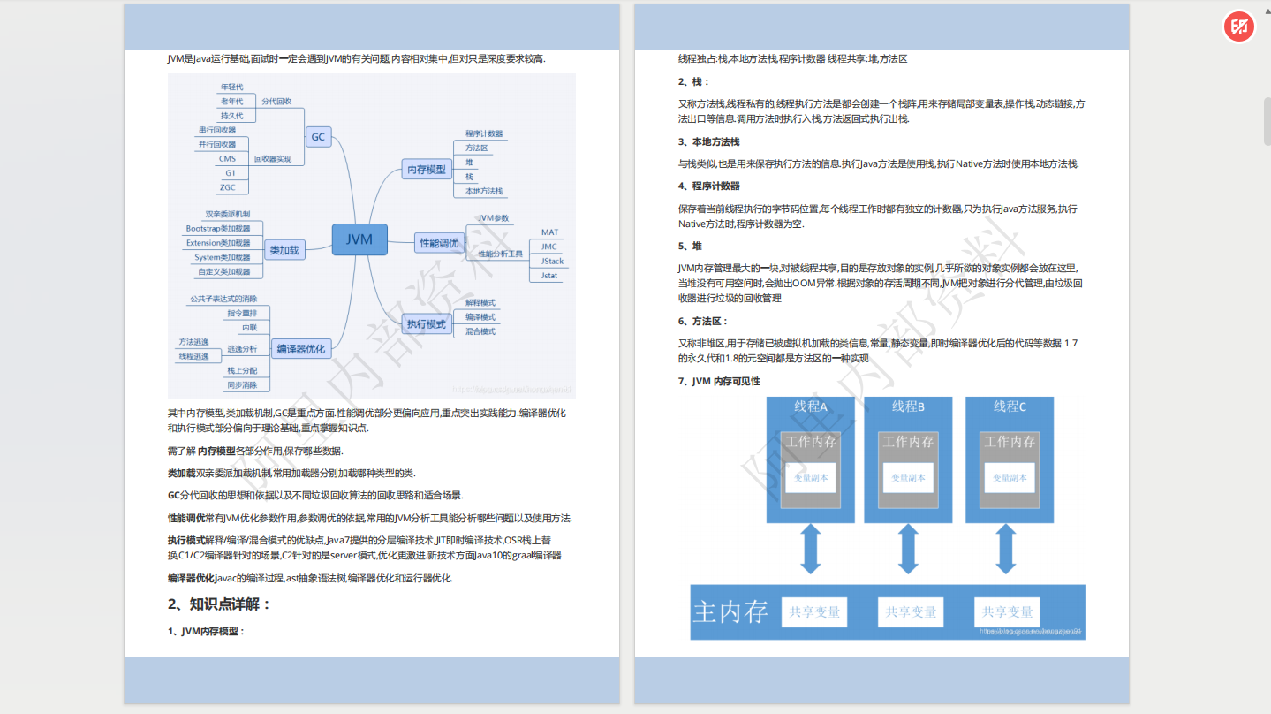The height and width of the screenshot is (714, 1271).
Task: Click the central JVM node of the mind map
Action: point(359,239)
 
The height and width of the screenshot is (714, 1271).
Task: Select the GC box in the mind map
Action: point(318,137)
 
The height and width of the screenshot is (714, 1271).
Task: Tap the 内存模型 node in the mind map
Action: point(426,169)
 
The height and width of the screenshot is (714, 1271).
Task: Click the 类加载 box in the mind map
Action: point(284,250)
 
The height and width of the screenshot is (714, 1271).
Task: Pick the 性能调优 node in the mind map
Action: point(439,242)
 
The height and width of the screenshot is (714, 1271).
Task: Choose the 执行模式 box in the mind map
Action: point(426,324)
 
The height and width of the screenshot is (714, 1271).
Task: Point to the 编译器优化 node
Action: point(300,349)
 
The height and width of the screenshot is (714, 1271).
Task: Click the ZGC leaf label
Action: point(228,187)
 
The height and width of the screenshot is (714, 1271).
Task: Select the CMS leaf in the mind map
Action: point(228,159)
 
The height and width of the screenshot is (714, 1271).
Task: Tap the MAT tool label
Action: point(549,232)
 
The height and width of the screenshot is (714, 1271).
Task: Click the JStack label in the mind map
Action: point(552,262)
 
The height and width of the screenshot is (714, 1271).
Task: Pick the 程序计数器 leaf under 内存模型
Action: point(484,133)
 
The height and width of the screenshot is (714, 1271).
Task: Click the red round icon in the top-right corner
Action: point(1239,27)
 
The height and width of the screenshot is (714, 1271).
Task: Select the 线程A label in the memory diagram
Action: point(811,406)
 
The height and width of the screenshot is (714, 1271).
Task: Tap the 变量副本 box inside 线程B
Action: point(908,477)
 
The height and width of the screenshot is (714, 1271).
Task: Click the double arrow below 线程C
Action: point(1005,550)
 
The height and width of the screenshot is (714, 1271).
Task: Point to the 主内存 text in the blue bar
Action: point(730,611)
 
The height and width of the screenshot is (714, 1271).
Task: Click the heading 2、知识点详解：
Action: point(218,604)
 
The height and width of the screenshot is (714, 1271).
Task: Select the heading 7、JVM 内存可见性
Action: point(719,381)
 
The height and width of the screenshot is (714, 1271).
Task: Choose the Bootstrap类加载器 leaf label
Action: point(218,229)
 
